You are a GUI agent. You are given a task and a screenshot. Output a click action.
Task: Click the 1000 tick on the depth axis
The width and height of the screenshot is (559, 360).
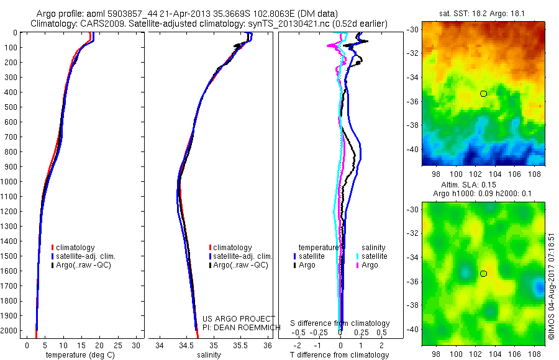(x=11, y=181)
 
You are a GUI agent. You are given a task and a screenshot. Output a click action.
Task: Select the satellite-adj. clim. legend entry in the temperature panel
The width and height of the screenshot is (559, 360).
(x=86, y=256)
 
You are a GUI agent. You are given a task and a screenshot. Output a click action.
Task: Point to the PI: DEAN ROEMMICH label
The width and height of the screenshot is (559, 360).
(x=243, y=327)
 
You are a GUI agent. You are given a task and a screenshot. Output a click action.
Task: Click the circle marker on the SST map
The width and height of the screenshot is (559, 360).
(x=483, y=93)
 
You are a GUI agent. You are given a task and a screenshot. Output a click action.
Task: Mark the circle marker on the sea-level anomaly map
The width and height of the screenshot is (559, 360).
(x=483, y=273)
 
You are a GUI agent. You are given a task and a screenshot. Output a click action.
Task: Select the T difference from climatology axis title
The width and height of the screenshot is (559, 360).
(x=340, y=355)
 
